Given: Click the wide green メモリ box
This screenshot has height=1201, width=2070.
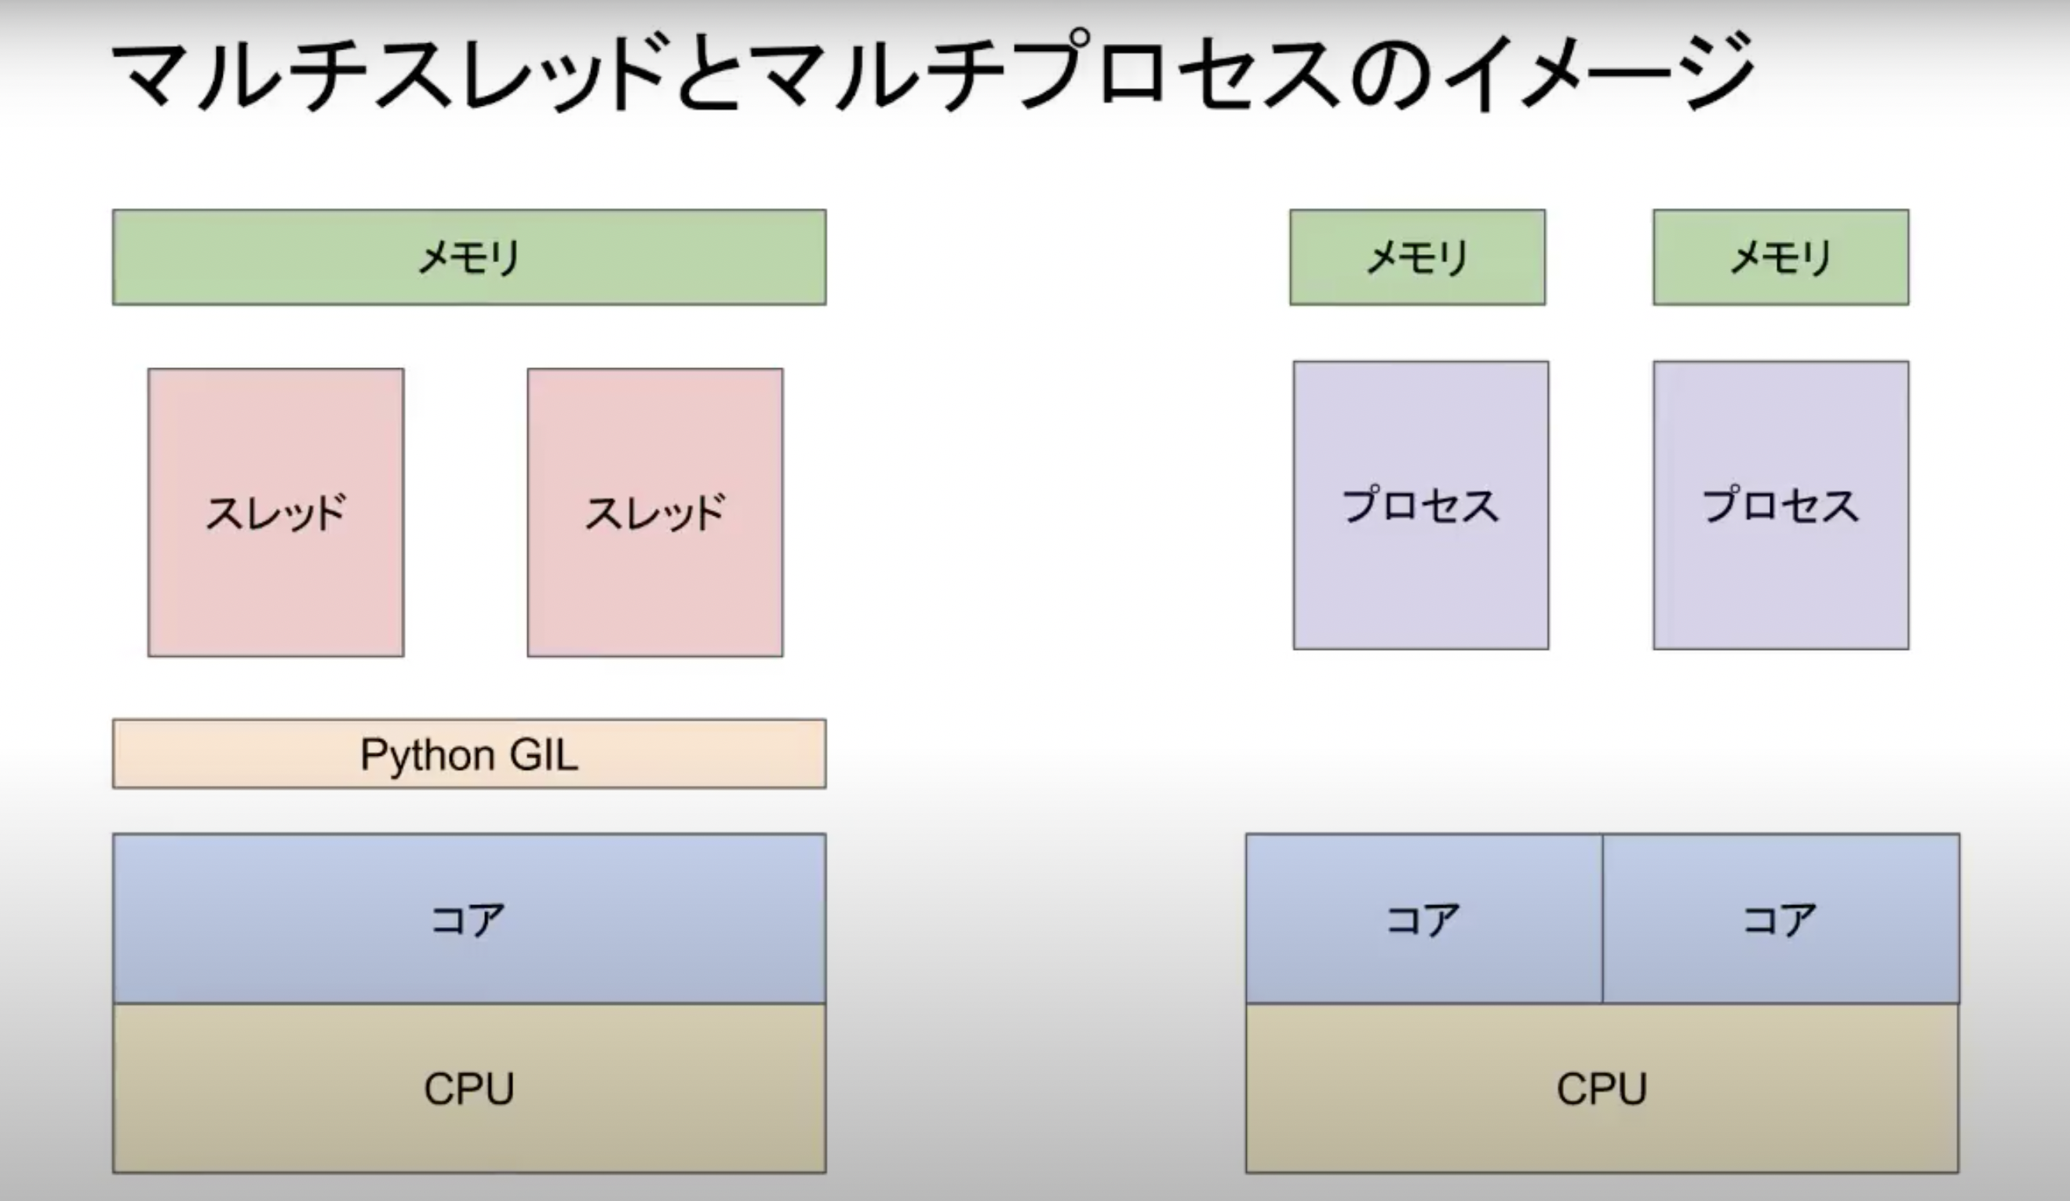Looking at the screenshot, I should (x=469, y=257).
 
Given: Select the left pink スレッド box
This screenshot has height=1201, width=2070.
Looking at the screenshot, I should (x=276, y=512).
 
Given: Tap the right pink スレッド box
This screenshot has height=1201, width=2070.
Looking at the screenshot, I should (x=654, y=512).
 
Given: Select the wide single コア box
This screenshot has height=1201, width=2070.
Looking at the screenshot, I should (x=469, y=918).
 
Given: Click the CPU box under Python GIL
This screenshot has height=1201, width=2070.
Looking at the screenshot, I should (x=469, y=1089).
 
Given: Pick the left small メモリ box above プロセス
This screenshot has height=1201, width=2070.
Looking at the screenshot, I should (x=1417, y=257).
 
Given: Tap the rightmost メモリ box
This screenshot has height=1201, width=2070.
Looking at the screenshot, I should (x=1781, y=257).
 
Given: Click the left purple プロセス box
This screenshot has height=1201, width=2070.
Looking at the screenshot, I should (x=1420, y=506).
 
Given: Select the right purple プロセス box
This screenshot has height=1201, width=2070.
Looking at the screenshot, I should (x=1781, y=506).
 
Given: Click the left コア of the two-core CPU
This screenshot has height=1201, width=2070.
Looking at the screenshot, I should (x=1423, y=918).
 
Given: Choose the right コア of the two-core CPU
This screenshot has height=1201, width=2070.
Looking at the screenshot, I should (x=1780, y=918).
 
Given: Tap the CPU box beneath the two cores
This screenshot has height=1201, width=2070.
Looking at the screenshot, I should (x=1602, y=1089).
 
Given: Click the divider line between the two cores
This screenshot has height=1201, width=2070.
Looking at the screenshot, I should (x=1602, y=918).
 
